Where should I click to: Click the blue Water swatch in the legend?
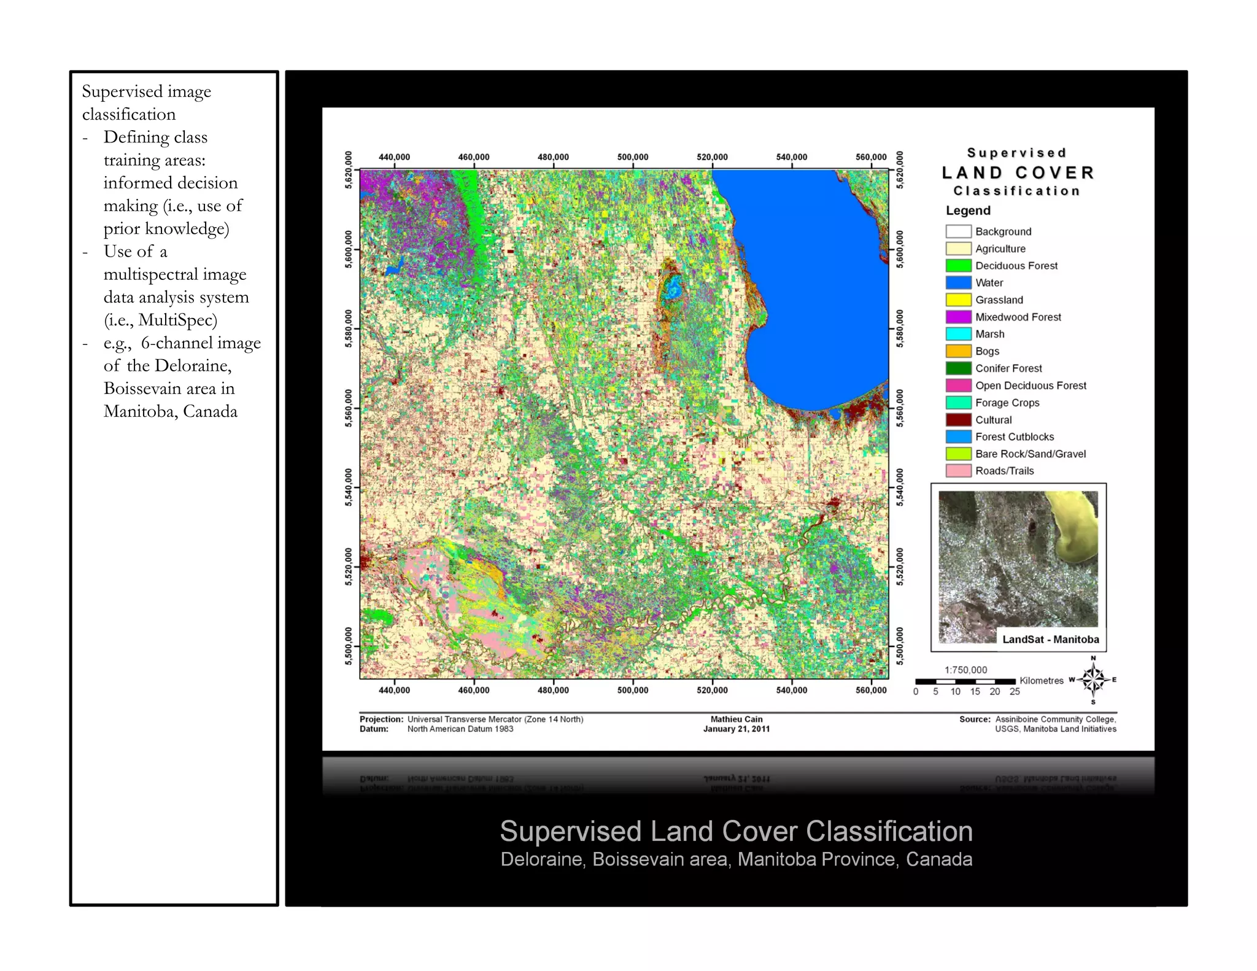click(x=958, y=283)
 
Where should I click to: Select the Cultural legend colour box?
click(x=958, y=420)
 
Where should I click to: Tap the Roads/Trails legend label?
click(x=1004, y=471)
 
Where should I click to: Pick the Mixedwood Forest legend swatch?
click(x=958, y=317)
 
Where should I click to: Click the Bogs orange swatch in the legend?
click(x=958, y=351)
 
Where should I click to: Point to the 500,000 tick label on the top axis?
click(x=632, y=157)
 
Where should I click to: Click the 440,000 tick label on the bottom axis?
click(x=394, y=691)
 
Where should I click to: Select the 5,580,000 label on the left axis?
click(x=349, y=328)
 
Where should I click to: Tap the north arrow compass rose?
click(x=1093, y=680)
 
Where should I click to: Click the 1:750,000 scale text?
click(x=965, y=670)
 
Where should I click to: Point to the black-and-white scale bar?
click(x=965, y=681)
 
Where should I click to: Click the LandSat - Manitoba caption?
click(x=1050, y=639)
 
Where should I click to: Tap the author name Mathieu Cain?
click(x=736, y=719)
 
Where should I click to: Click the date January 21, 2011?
click(x=736, y=729)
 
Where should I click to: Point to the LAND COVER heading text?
click(x=1018, y=173)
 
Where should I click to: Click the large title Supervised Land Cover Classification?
click(x=736, y=832)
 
